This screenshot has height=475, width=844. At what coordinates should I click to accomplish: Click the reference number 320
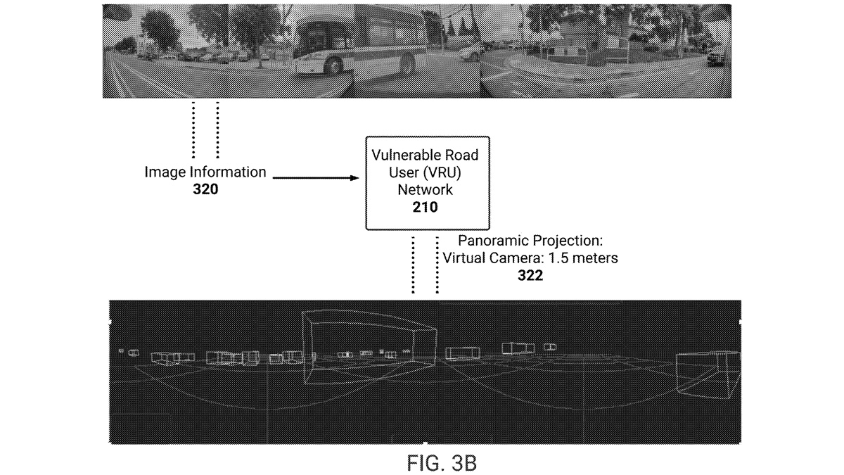[x=205, y=189]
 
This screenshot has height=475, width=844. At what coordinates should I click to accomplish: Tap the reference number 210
[x=425, y=207]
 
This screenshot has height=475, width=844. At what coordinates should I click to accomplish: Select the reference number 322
[x=530, y=276]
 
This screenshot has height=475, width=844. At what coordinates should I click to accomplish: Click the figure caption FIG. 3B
[x=442, y=462]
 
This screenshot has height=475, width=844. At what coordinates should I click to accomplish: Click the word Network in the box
[x=425, y=189]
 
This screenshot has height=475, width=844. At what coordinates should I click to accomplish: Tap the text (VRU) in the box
[x=442, y=172]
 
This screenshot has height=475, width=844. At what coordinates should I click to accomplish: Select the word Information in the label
[x=228, y=172]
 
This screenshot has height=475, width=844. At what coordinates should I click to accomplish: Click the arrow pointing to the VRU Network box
[x=316, y=178]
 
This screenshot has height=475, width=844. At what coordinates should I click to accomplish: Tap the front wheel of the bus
[x=334, y=65]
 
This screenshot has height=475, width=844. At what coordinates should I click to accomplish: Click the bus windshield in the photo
[x=311, y=37]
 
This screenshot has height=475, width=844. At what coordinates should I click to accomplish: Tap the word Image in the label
[x=165, y=172]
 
